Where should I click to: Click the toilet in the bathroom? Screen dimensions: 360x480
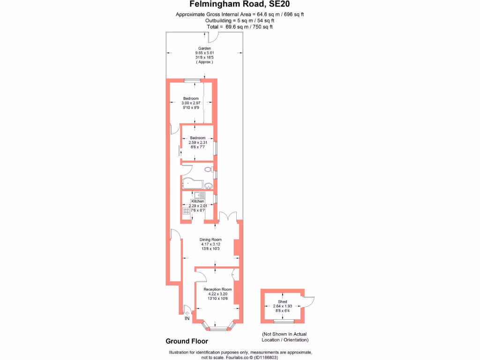click(209, 169)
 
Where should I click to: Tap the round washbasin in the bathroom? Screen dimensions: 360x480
click(208, 187)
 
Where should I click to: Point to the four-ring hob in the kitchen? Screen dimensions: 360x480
click(187, 211)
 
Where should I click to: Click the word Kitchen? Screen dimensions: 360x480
click(198, 201)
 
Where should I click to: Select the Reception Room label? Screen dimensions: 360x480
click(217, 289)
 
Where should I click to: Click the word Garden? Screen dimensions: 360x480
click(204, 48)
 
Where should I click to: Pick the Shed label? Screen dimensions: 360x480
click(282, 301)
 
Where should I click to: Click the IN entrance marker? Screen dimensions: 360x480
click(187, 319)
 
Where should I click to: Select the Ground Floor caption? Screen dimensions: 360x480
click(187, 341)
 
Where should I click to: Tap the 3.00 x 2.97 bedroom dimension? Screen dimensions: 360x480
click(191, 103)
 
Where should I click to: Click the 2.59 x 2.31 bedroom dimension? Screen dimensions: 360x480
click(198, 142)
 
